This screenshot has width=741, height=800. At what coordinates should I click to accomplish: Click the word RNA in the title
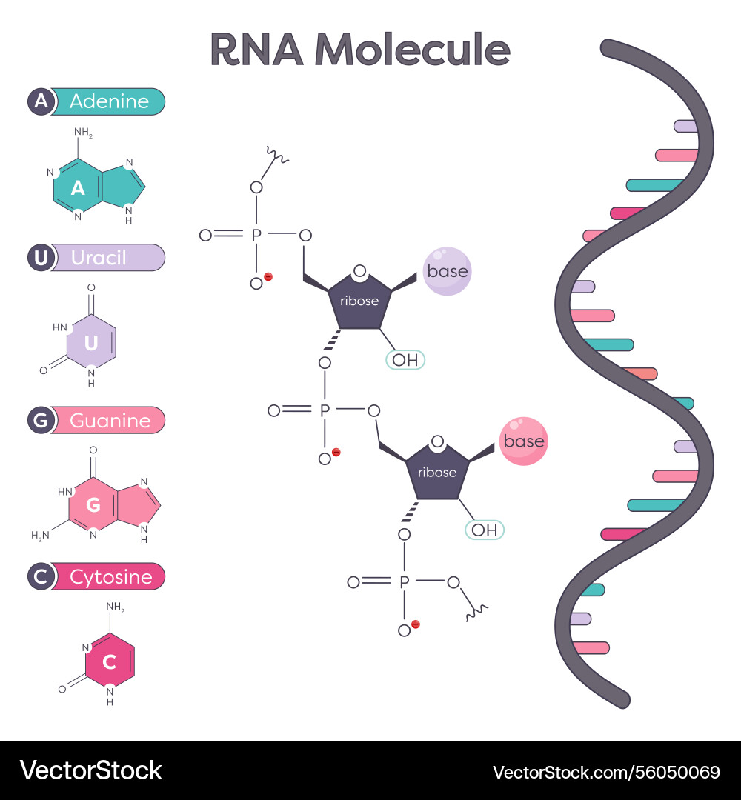click(x=256, y=50)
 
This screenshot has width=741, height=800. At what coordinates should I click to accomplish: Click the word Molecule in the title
click(x=413, y=50)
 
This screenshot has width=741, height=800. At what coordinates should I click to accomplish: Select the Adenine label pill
click(x=108, y=101)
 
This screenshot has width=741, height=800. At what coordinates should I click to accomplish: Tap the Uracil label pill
click(x=107, y=258)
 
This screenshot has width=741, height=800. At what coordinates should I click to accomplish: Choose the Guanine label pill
click(x=108, y=421)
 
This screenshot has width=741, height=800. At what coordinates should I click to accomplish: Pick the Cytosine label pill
click(x=108, y=576)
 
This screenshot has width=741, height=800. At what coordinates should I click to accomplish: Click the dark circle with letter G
click(x=40, y=421)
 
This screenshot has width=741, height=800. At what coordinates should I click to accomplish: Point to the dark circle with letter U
click(x=40, y=258)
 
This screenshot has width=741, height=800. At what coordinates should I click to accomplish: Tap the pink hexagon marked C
click(x=110, y=662)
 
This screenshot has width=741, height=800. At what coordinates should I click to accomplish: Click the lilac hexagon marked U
click(x=91, y=342)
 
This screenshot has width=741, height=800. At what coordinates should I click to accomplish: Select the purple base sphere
click(x=448, y=271)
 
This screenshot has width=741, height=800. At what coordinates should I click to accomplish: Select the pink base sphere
click(x=524, y=441)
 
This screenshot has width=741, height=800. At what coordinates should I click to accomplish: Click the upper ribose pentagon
click(x=359, y=300)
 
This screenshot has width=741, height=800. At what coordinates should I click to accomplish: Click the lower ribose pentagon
click(x=437, y=471)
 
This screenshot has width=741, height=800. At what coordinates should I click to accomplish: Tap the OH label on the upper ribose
click(x=405, y=360)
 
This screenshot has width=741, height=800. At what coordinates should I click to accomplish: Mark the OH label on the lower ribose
click(x=484, y=530)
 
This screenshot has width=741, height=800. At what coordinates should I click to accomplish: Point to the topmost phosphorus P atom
click(x=256, y=236)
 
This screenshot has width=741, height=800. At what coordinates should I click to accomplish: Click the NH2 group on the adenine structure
click(x=83, y=134)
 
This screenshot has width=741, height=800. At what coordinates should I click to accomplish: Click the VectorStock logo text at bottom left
click(x=90, y=770)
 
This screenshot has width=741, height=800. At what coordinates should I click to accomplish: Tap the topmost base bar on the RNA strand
click(x=685, y=126)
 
